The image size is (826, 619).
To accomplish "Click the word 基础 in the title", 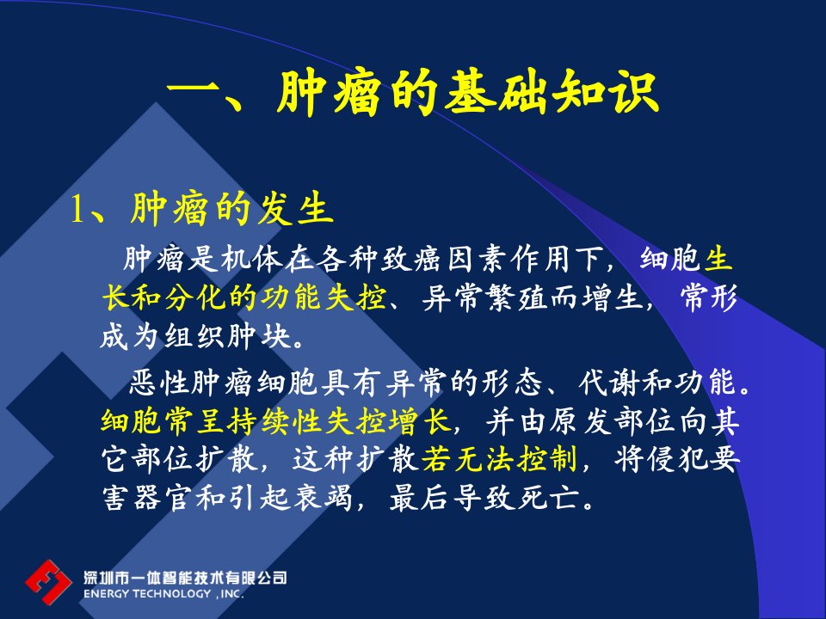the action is [496, 93].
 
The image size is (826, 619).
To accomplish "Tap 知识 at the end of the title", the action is [606, 93].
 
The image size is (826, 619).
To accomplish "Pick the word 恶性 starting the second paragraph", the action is [159, 382].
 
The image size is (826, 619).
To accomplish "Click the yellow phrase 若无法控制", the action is [499, 459].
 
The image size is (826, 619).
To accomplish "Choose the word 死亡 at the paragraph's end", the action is [548, 498].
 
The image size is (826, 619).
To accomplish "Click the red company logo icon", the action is [48, 582].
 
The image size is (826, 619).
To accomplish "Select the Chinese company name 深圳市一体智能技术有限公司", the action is [185, 578].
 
